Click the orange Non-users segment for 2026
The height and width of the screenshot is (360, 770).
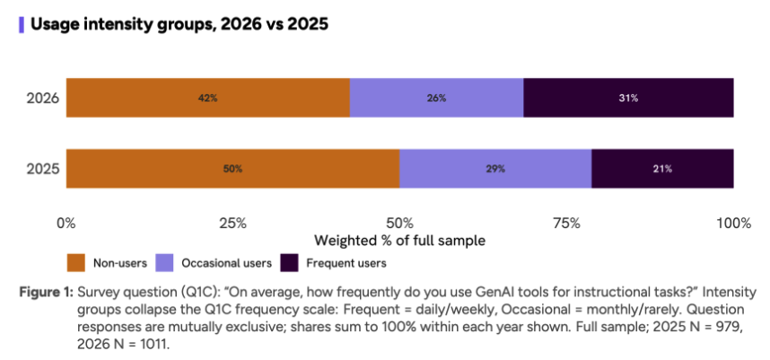tap(207, 98)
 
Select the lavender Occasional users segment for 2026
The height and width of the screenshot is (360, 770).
tap(436, 98)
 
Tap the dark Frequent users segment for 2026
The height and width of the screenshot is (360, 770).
tap(628, 98)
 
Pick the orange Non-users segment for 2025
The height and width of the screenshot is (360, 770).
tap(232, 169)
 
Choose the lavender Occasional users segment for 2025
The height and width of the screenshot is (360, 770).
tap(495, 169)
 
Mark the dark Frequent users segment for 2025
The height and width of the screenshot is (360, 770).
tap(663, 169)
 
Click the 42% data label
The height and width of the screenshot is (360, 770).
tap(207, 98)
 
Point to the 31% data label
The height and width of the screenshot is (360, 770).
tap(628, 98)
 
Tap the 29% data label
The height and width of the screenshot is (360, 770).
tap(495, 169)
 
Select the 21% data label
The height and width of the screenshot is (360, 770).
tap(663, 169)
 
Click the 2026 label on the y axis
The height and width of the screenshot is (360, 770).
tap(43, 98)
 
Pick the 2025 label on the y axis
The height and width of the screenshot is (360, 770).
tap(43, 169)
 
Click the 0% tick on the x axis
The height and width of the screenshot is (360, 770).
tap(66, 224)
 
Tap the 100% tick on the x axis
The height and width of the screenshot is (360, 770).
tap(734, 224)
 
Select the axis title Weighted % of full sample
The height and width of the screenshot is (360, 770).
tap(399, 241)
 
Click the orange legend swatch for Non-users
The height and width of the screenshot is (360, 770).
tap(76, 263)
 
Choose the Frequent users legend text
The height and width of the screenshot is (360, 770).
tap(346, 263)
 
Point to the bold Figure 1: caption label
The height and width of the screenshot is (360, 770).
tap(47, 293)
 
